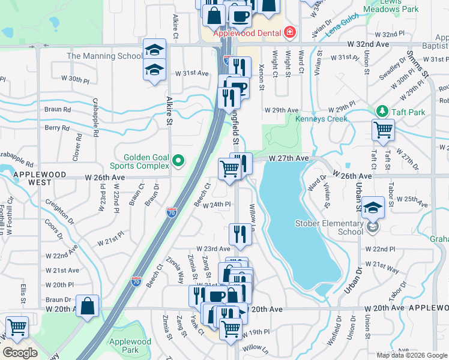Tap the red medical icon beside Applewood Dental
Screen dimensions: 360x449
290,31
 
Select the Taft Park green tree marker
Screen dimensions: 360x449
381,112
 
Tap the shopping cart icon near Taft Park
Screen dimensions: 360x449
382,129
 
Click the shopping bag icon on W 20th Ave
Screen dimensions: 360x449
88,305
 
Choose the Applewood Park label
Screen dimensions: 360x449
130,346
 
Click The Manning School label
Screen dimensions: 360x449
104,56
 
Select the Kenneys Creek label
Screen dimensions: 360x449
321,119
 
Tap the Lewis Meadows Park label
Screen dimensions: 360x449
391,6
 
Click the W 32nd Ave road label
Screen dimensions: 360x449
369,44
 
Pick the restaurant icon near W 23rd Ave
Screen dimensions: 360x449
240,234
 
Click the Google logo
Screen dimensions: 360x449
20,353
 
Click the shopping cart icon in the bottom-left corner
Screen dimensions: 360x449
17,328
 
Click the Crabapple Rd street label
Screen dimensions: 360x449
17,161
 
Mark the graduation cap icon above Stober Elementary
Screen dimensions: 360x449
373,207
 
